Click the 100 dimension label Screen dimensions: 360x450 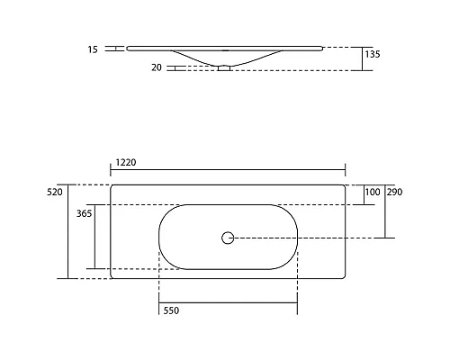tap(372, 193)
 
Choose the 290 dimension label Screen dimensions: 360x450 tap(394, 193)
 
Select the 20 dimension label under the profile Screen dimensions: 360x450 tap(157, 67)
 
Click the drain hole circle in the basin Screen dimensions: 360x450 tap(228, 238)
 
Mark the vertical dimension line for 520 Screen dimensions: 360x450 tap(68, 231)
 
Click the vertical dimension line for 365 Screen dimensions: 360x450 tap(93, 236)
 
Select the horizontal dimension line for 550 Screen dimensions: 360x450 tap(228, 302)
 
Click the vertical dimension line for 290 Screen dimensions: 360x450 tap(386, 216)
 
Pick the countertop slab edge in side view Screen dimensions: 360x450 tap(225, 48)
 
